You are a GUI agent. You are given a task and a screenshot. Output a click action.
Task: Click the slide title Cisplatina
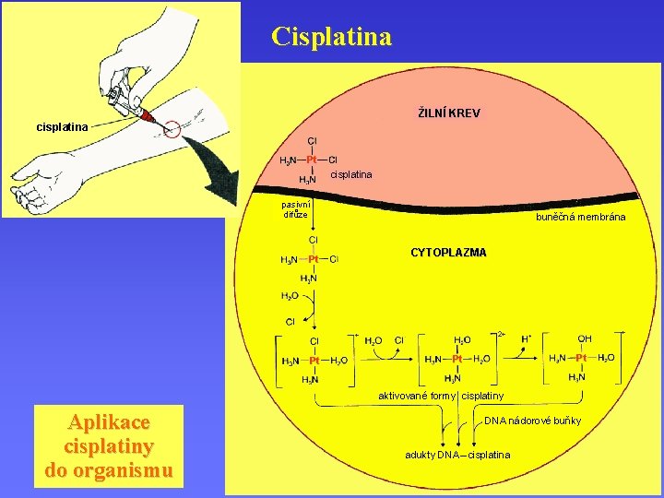coord(332,37)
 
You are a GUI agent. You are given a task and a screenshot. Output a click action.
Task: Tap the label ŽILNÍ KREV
coord(449,113)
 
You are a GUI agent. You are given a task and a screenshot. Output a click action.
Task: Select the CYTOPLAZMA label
coord(448,252)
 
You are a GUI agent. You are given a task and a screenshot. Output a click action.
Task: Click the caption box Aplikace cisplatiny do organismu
coord(108,446)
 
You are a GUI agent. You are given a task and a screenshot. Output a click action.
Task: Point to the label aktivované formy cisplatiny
coord(441,396)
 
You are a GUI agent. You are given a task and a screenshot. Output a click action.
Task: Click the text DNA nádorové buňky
coord(533,421)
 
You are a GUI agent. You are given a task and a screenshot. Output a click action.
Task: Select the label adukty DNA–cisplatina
coord(457,455)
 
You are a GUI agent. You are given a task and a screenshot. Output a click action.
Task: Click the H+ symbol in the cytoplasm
coord(527,338)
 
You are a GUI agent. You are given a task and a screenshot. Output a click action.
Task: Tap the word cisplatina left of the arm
coord(62,126)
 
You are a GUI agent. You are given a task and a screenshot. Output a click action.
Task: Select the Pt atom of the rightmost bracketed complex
coord(581,358)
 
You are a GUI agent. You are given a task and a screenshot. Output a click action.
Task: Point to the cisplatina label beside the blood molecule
coord(350,173)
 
